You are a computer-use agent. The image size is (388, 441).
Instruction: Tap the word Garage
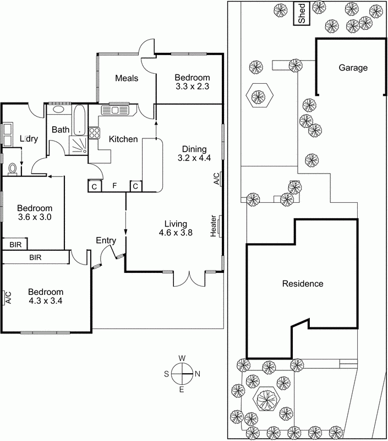point(353,68)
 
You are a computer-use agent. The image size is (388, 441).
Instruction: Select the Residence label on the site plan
point(302,284)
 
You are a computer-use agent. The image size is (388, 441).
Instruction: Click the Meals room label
point(127,78)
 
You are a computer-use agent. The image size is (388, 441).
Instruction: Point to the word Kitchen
point(123,139)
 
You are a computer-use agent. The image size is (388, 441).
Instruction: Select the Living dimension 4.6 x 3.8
point(176,233)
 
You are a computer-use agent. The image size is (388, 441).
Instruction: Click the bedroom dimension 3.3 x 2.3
point(192,87)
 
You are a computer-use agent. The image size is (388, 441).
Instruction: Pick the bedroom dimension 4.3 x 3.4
point(46,301)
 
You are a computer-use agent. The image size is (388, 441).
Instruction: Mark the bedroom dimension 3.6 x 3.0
point(34,217)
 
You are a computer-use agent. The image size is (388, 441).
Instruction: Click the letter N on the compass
point(198,374)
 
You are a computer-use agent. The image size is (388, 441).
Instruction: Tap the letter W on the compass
point(182,358)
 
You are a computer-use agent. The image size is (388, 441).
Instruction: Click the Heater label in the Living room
point(214,227)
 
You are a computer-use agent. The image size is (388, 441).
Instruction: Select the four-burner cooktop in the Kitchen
point(94,132)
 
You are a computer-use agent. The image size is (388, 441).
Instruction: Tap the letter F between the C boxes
point(114,186)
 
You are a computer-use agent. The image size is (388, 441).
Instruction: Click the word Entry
point(105,240)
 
